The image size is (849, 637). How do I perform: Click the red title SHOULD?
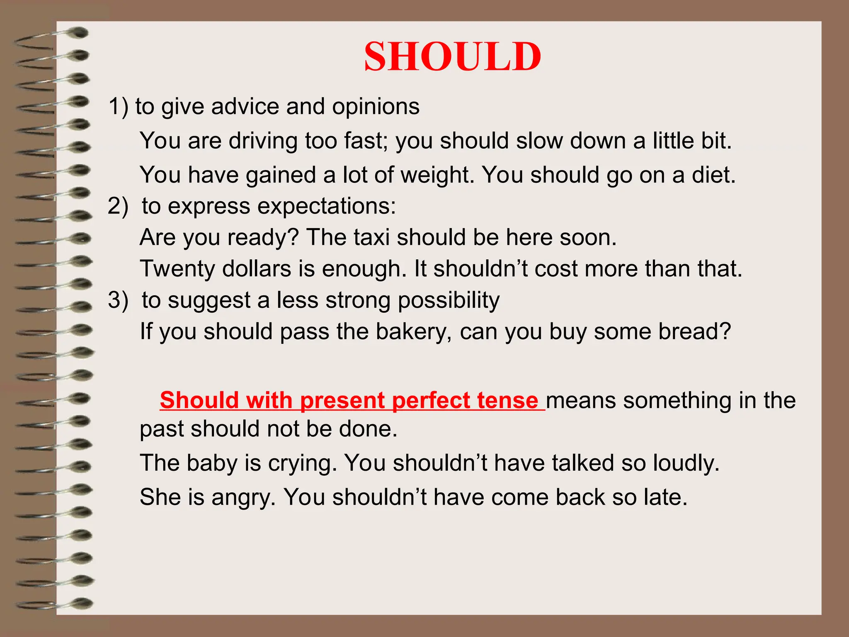pos(452,57)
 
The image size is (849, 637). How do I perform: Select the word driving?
pos(263,141)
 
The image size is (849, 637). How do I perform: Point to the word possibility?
pos(449,301)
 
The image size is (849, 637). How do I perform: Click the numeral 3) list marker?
pos(118,300)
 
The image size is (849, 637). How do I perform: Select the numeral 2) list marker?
pos(118,206)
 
